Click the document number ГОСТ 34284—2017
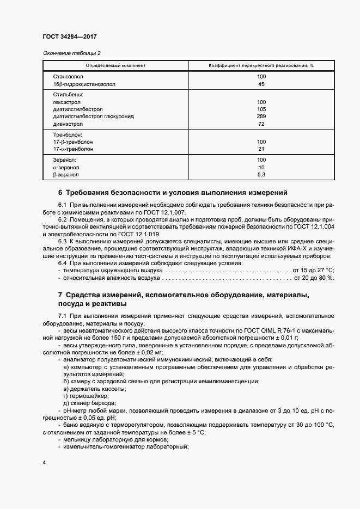tap(70, 37)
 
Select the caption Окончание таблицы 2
tap(71, 53)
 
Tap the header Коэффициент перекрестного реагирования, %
tap(261, 65)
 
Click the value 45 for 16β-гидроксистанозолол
tap(261, 84)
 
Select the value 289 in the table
tap(261, 116)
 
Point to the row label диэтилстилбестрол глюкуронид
tap(93, 116)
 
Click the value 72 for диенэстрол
tap(261, 124)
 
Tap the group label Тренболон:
tap(68, 134)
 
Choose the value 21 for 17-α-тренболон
tap(261, 149)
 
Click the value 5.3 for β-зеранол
tap(261, 175)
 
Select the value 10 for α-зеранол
tap(261, 167)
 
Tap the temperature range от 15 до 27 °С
tap(313, 270)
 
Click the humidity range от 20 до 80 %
tap(314, 278)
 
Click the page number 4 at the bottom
tap(44, 462)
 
